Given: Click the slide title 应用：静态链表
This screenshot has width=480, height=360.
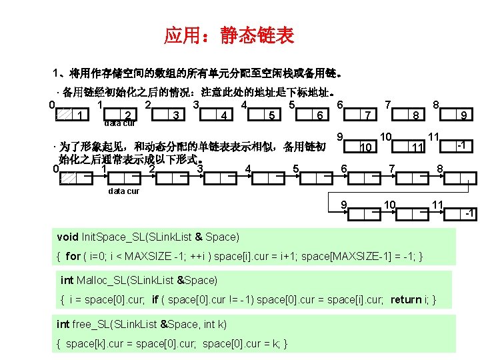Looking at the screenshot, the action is [x=229, y=36].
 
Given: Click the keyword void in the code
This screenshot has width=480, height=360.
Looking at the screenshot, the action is [x=68, y=237].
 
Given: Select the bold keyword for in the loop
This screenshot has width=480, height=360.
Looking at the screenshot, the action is [x=73, y=256].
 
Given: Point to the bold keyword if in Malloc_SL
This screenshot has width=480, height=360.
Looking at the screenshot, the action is [x=155, y=300].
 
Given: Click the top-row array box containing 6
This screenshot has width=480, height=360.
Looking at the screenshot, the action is [x=321, y=115].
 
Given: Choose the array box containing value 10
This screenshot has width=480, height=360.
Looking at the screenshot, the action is [x=365, y=146].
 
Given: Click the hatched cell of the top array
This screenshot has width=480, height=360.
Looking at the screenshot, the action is [x=64, y=115].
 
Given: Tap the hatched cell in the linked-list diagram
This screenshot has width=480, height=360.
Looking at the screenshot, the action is [x=65, y=177].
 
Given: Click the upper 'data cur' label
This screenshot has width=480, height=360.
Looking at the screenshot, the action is [x=120, y=123].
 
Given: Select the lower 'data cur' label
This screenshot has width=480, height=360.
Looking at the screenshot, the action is [x=124, y=191].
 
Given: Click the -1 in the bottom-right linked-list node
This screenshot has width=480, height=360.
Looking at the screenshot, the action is [x=469, y=213].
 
